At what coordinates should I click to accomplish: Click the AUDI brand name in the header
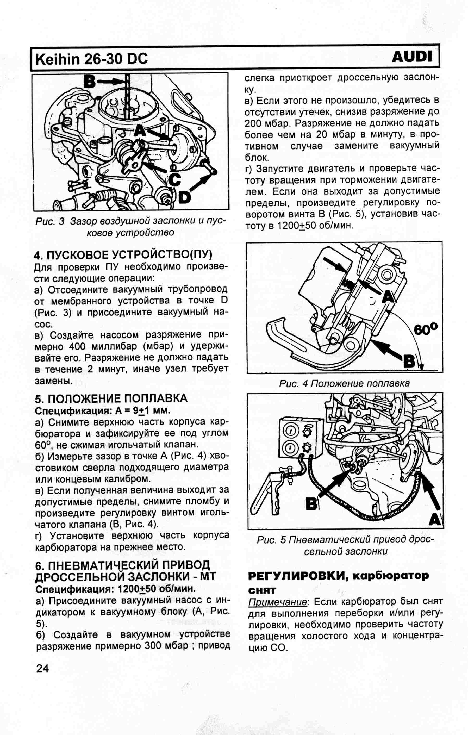coord(412,57)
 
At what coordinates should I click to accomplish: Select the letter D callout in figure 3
coord(184,197)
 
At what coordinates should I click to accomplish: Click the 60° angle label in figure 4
coord(426,328)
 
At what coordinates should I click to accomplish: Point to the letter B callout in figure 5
coord(312,503)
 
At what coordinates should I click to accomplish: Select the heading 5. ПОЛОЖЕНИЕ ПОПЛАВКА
coord(111,398)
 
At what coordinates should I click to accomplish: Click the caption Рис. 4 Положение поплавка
coord(344,383)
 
